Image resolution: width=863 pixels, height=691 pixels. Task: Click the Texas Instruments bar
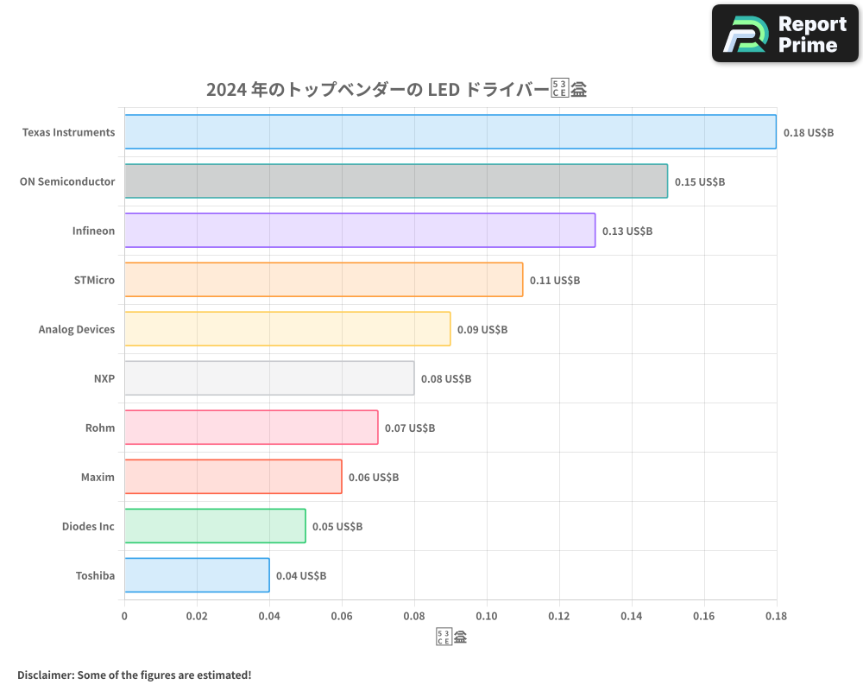coord(450,132)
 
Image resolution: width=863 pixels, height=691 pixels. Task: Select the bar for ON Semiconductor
coord(395,181)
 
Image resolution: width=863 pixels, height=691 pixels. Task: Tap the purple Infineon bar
coord(359,231)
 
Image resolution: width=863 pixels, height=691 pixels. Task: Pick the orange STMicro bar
coord(323,280)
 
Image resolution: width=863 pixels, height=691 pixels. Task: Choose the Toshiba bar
coord(196,575)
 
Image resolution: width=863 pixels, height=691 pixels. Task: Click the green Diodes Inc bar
coord(214,526)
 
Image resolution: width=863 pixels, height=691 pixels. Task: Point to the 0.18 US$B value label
coord(808,133)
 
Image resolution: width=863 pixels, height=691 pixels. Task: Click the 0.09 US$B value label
coord(482,330)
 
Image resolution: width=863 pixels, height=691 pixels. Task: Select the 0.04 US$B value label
coord(300,576)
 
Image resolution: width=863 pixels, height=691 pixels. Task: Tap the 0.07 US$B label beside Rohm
coord(409,428)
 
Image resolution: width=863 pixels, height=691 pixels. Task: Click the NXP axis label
coord(104,378)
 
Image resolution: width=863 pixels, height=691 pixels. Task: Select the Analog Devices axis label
coord(76,329)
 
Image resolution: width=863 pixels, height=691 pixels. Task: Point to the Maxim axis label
coord(98,477)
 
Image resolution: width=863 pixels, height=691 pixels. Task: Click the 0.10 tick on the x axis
coord(487,617)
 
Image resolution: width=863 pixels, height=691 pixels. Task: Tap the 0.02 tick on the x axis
coord(197,617)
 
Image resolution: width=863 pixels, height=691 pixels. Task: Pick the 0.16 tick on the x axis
coord(704,617)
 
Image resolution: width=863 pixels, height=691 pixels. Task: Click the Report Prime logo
coord(785,34)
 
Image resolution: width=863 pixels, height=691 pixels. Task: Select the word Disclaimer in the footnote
coord(44,675)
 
